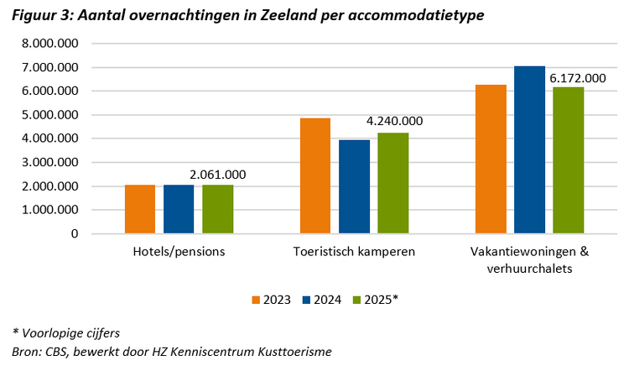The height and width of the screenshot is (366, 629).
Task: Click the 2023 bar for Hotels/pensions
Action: [x=140, y=209]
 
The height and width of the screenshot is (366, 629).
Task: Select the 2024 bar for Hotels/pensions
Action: [x=179, y=209]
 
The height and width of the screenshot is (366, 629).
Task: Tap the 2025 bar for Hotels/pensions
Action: [x=217, y=209]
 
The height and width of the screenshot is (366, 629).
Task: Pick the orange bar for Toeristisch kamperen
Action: [x=315, y=176]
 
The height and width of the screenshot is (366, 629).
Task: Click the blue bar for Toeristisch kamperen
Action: [x=354, y=186]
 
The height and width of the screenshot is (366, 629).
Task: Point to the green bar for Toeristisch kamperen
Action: [x=392, y=183]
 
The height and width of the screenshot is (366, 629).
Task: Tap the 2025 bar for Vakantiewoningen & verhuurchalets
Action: [x=568, y=160]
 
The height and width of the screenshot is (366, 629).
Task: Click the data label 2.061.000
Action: [x=218, y=175]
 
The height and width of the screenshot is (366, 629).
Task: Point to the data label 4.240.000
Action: [x=393, y=121]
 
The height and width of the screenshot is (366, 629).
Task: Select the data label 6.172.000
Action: [x=577, y=78]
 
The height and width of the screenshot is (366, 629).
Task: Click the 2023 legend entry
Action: [x=271, y=299]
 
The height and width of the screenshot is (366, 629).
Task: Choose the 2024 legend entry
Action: [x=320, y=299]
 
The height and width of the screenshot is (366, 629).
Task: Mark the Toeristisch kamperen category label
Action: [x=354, y=251]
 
